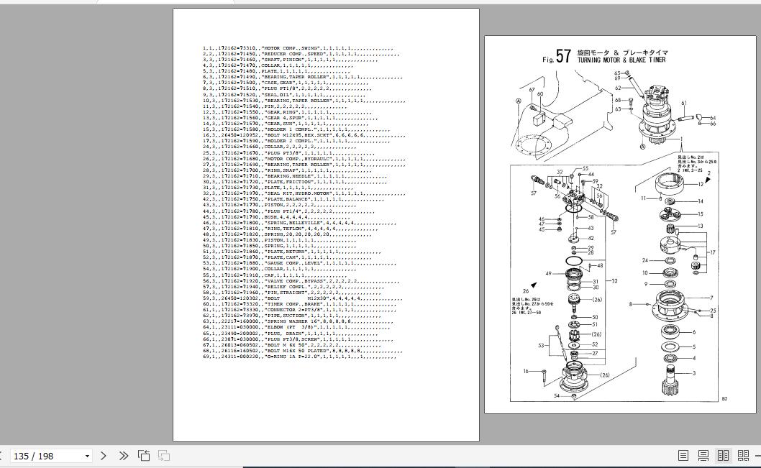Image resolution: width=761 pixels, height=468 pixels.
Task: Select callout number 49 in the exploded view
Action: [x=549, y=274]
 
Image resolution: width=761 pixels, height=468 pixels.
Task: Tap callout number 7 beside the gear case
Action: [x=711, y=298]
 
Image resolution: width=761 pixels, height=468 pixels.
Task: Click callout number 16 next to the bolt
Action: [x=527, y=372]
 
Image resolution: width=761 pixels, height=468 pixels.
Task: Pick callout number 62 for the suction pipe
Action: [x=618, y=88]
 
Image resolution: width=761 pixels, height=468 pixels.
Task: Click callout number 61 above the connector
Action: [x=684, y=104]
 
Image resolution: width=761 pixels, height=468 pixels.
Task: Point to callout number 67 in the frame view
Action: [x=532, y=91]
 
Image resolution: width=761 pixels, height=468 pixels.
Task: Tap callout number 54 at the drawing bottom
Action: [x=557, y=396]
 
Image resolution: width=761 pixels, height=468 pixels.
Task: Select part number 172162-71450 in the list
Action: [x=237, y=54]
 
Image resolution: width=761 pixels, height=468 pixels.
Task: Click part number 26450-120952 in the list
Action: [x=239, y=134]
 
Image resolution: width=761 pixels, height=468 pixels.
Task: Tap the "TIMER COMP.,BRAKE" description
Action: [x=289, y=304]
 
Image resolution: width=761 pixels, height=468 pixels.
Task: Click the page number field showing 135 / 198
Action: [x=47, y=456]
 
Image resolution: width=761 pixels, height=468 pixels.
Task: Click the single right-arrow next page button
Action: [x=104, y=456]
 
